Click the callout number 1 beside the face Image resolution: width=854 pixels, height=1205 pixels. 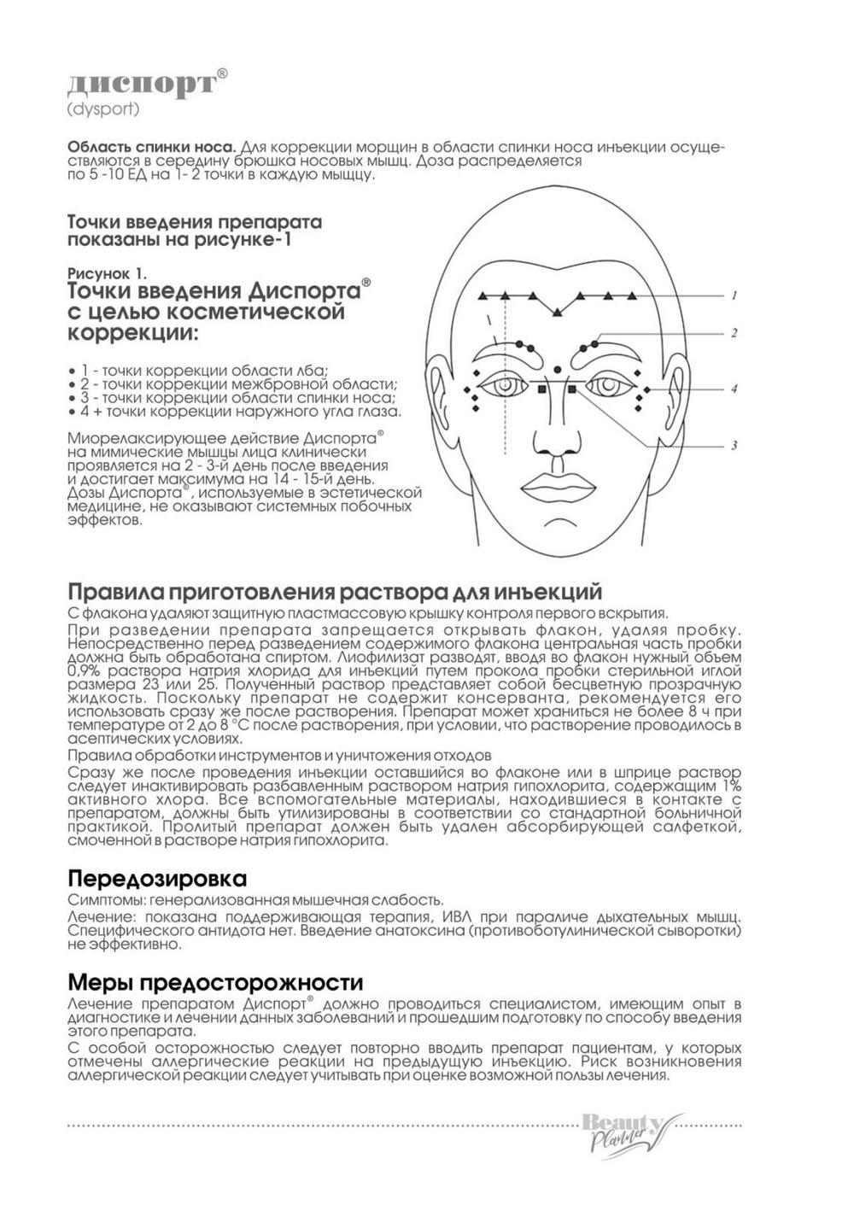tap(733, 296)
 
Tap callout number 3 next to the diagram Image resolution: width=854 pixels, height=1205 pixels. tap(734, 446)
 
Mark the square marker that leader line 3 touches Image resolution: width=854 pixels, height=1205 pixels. tap(572, 389)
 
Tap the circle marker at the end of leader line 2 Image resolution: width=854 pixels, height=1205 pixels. tap(595, 342)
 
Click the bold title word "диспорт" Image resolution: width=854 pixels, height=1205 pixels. tap(142, 83)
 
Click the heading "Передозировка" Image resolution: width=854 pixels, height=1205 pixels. tap(157, 879)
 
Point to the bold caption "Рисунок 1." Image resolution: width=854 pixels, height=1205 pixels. tap(107, 273)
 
